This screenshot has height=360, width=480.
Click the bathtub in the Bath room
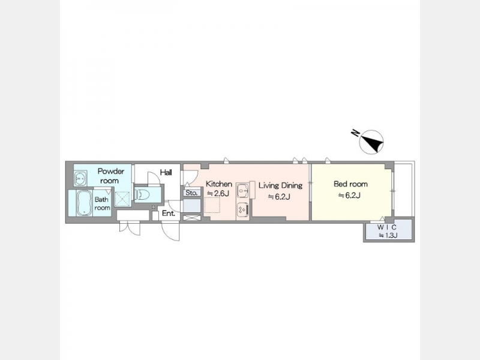click(84, 203)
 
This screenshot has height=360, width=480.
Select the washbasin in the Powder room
click(80, 178)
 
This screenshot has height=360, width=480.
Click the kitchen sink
click(243, 191)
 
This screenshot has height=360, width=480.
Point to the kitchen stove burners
click(242, 209)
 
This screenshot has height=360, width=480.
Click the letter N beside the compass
click(355, 133)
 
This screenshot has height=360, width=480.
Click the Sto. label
click(191, 193)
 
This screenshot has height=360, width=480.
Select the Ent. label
click(169, 214)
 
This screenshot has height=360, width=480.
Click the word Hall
click(166, 172)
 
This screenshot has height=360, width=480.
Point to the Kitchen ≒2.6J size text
click(218, 193)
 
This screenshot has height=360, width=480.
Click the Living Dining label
click(280, 185)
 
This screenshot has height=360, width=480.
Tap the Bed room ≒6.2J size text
click(349, 195)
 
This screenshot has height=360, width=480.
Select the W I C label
click(387, 227)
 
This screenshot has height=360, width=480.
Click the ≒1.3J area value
click(388, 235)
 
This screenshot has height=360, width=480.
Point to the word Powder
click(111, 171)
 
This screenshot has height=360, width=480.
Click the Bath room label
click(102, 203)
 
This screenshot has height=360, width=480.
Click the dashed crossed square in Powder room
click(123, 199)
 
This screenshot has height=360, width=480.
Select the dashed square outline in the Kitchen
click(212, 205)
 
